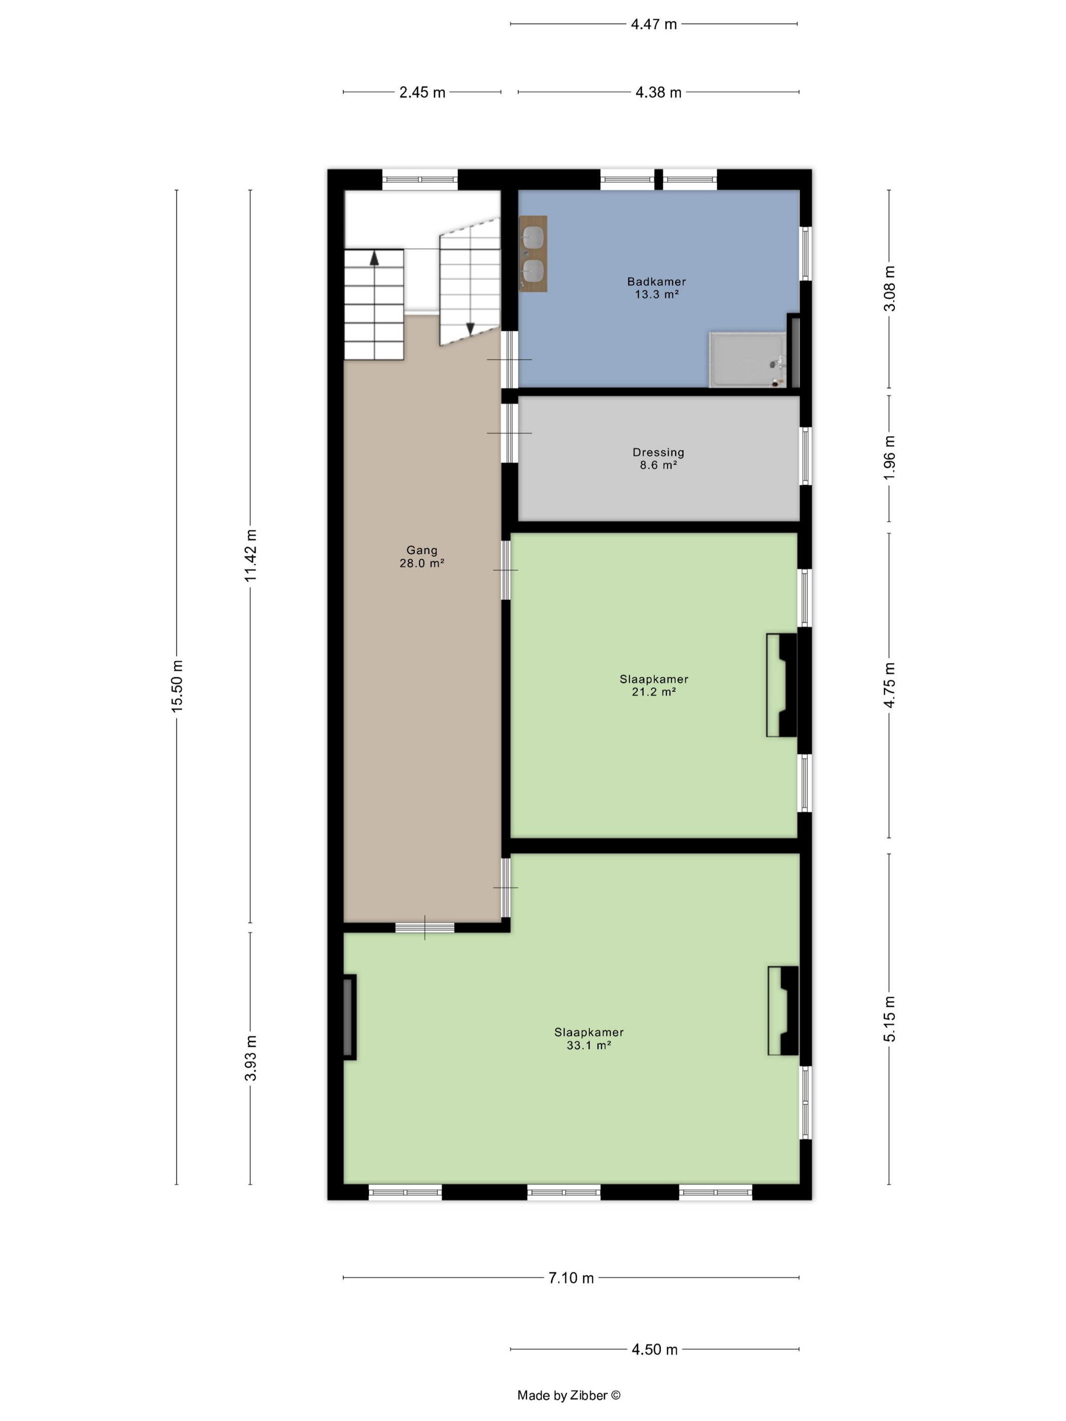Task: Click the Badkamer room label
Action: pyautogui.click(x=656, y=287)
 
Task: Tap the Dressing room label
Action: pyautogui.click(x=658, y=458)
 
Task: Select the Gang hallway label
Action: pyautogui.click(x=421, y=556)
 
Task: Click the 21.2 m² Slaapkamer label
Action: pyautogui.click(x=653, y=685)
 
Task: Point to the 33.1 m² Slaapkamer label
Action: pyautogui.click(x=588, y=1038)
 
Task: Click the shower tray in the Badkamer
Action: pyautogui.click(x=747, y=360)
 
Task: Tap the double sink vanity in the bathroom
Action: pyautogui.click(x=532, y=254)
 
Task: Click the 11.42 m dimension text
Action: pyautogui.click(x=251, y=556)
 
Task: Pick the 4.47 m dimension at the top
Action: pyautogui.click(x=653, y=24)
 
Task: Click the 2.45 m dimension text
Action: pyautogui.click(x=422, y=92)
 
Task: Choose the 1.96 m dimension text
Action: pyautogui.click(x=889, y=457)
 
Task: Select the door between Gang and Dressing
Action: pyautogui.click(x=510, y=433)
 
